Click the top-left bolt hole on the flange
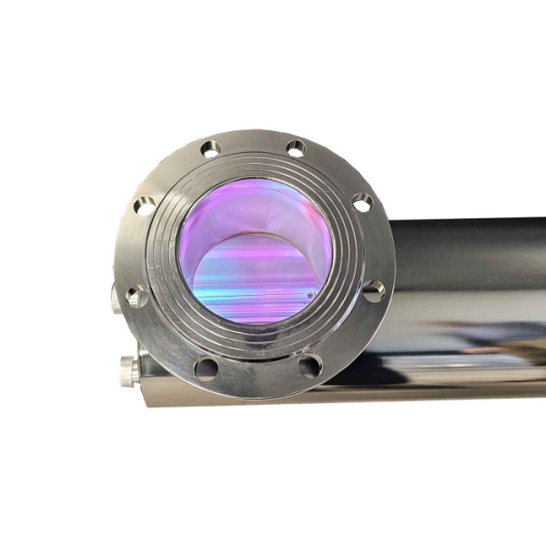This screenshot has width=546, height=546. (x=211, y=150)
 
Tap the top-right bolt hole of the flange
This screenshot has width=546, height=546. (x=296, y=148)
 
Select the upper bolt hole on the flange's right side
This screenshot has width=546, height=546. (x=362, y=203)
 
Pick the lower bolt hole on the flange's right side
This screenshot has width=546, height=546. (x=373, y=291)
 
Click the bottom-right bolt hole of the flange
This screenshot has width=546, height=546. (x=310, y=366)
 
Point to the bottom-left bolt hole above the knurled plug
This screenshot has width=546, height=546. (x=207, y=368)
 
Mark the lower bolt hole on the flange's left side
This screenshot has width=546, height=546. (x=136, y=296)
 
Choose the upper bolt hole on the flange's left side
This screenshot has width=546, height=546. (x=145, y=207)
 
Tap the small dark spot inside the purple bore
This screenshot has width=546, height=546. (x=310, y=295)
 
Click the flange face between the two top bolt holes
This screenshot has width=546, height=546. (x=254, y=150)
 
